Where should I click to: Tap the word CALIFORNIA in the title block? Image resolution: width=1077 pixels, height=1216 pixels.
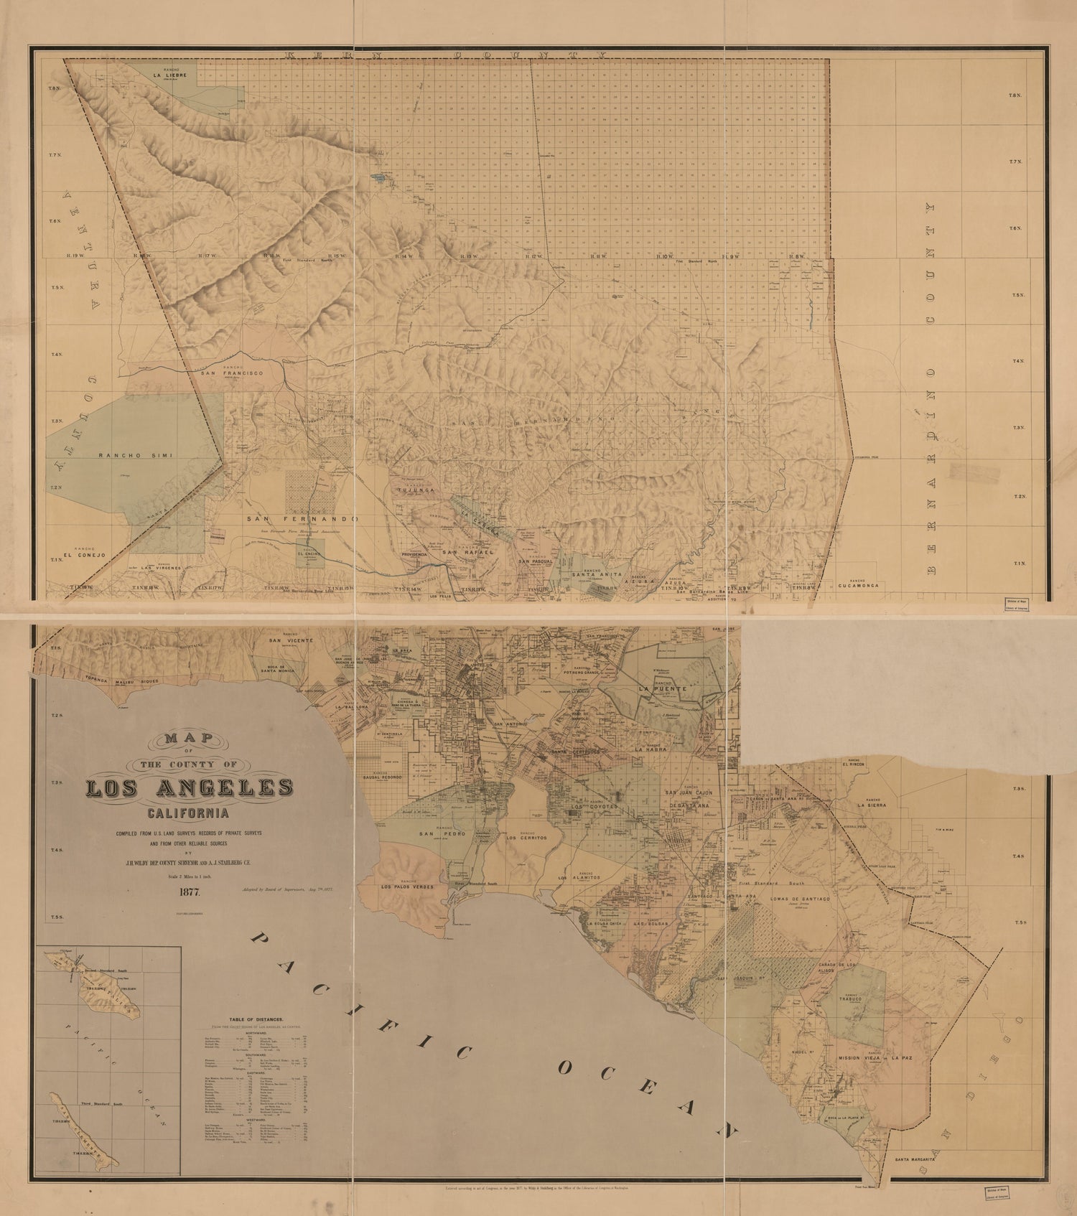coord(187,814)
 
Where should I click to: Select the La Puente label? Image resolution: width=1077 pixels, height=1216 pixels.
coord(661,688)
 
